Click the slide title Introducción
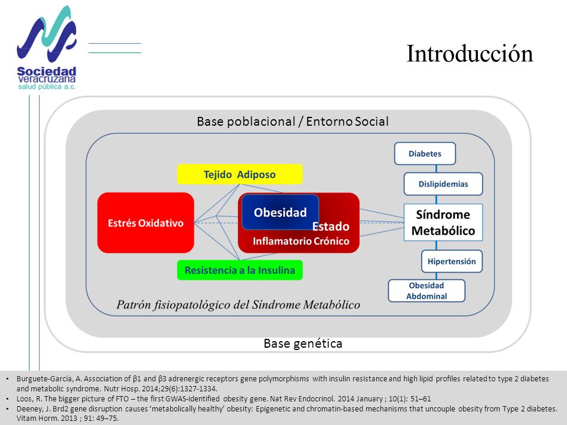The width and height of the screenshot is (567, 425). click(470, 54)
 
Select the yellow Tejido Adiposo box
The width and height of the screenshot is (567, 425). click(240, 174)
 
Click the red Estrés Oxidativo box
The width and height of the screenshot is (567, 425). click(146, 223)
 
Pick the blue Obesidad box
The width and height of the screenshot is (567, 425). click(280, 212)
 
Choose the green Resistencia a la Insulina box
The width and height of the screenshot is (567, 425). click(240, 270)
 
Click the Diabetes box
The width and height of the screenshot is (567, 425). click(425, 153)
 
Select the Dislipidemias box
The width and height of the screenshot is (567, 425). click(444, 184)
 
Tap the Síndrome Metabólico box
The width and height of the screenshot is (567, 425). click(444, 223)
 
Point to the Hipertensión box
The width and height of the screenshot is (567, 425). click(452, 261)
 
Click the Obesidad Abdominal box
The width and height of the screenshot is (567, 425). click(426, 290)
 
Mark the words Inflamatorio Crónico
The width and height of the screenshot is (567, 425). click(301, 241)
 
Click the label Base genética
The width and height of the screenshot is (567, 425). click(303, 344)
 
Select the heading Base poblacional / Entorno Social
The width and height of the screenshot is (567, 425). click(292, 122)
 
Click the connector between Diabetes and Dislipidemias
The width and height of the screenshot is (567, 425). click(436, 169)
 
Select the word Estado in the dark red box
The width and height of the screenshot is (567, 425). click(331, 226)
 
